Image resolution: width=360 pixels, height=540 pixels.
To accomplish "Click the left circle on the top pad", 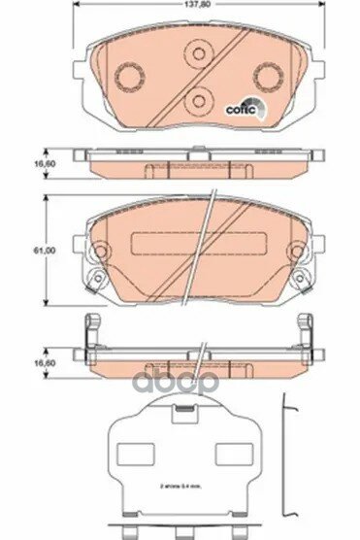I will point(128,75).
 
